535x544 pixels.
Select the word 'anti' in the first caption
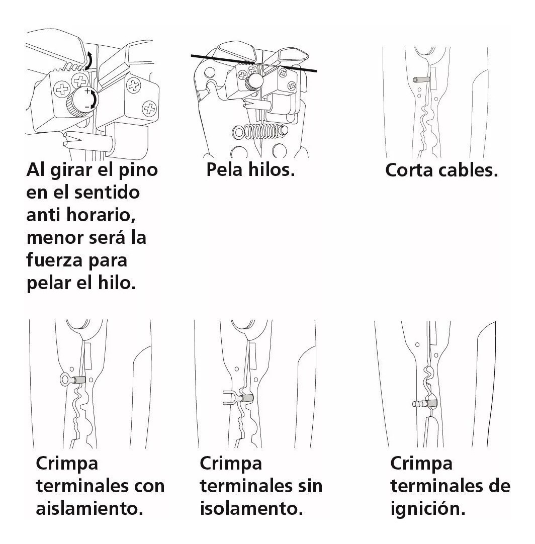tap(43, 215)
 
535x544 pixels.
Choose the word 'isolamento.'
tap(251, 509)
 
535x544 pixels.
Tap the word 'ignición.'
tap(427, 509)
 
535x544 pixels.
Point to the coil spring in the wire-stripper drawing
tap(256, 131)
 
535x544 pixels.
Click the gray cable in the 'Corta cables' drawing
tap(420, 79)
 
